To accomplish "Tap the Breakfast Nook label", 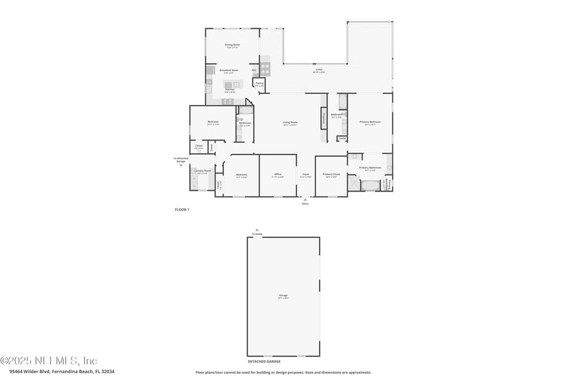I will pos(228,70).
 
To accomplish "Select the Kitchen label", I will pos(230,89).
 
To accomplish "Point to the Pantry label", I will pos(259,84).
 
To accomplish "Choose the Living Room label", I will pos(290,123).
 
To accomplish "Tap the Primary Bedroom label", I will pos(370,122).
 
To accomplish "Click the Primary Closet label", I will pos(331,174).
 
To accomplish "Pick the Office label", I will pos(279,174).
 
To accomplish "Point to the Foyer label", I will pos(305,174).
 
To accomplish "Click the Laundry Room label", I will pos(203,171).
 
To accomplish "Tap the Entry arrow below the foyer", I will pos(305,200).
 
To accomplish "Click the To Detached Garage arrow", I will pos(180,165).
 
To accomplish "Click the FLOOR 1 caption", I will pos(182,210).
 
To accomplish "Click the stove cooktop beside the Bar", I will pos(265,70).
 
